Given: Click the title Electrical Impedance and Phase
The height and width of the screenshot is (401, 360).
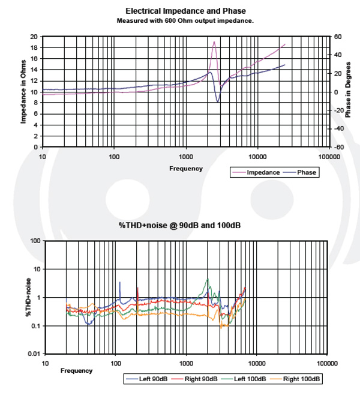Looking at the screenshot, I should tap(185, 11).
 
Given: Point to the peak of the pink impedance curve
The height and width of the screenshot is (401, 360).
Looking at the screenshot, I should tap(214, 41).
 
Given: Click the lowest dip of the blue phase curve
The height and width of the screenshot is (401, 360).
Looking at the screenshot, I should tap(218, 102).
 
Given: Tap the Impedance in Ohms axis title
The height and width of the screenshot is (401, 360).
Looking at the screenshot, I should tap(24, 91).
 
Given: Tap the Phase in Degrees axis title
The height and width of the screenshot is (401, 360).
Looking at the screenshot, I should tap(348, 91).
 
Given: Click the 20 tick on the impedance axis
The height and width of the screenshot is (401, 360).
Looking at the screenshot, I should tap(35, 37).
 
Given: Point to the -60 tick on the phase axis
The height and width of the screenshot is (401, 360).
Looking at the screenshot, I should tap(338, 147).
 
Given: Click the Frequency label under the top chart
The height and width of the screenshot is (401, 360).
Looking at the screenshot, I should tap(185, 169).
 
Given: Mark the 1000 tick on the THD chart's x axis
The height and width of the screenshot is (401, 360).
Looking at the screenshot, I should tap(186, 364).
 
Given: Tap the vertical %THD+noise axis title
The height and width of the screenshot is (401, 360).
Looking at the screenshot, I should tap(28, 297).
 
